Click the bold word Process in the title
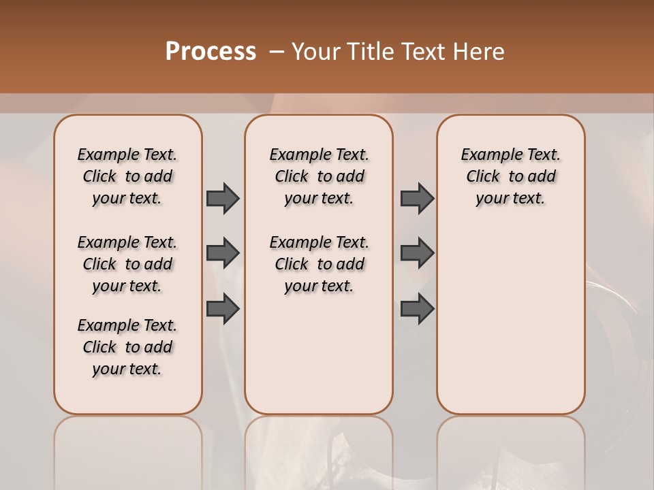(211, 52)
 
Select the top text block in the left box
(127, 176)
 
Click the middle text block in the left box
(127, 264)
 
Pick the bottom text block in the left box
(127, 347)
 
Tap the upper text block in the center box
(319, 176)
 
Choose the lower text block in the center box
(319, 264)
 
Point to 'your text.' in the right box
(510, 198)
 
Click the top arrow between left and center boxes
(223, 198)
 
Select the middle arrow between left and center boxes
(223, 253)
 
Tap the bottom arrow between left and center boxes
(223, 309)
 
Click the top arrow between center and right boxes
(417, 198)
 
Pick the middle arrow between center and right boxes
(417, 253)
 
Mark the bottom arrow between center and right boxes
(417, 309)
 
